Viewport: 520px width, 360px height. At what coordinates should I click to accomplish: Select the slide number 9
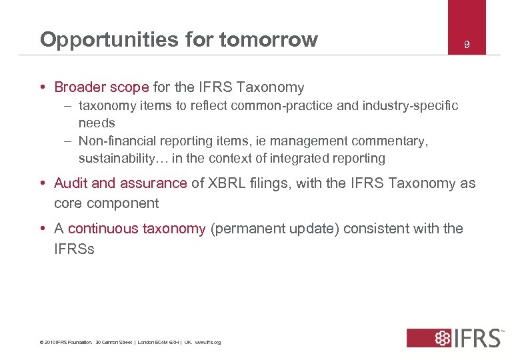tap(467, 45)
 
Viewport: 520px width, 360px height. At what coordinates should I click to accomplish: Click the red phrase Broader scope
tap(101, 87)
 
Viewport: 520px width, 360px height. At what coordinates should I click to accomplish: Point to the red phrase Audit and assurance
tap(120, 183)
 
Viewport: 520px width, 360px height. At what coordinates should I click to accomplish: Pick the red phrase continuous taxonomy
tap(137, 229)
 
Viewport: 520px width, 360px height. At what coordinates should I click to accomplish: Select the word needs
tap(97, 123)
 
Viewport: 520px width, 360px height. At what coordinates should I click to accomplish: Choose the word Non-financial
tap(117, 141)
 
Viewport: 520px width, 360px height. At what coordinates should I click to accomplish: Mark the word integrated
tap(304, 159)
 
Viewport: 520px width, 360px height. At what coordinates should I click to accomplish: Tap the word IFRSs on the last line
tap(74, 249)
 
